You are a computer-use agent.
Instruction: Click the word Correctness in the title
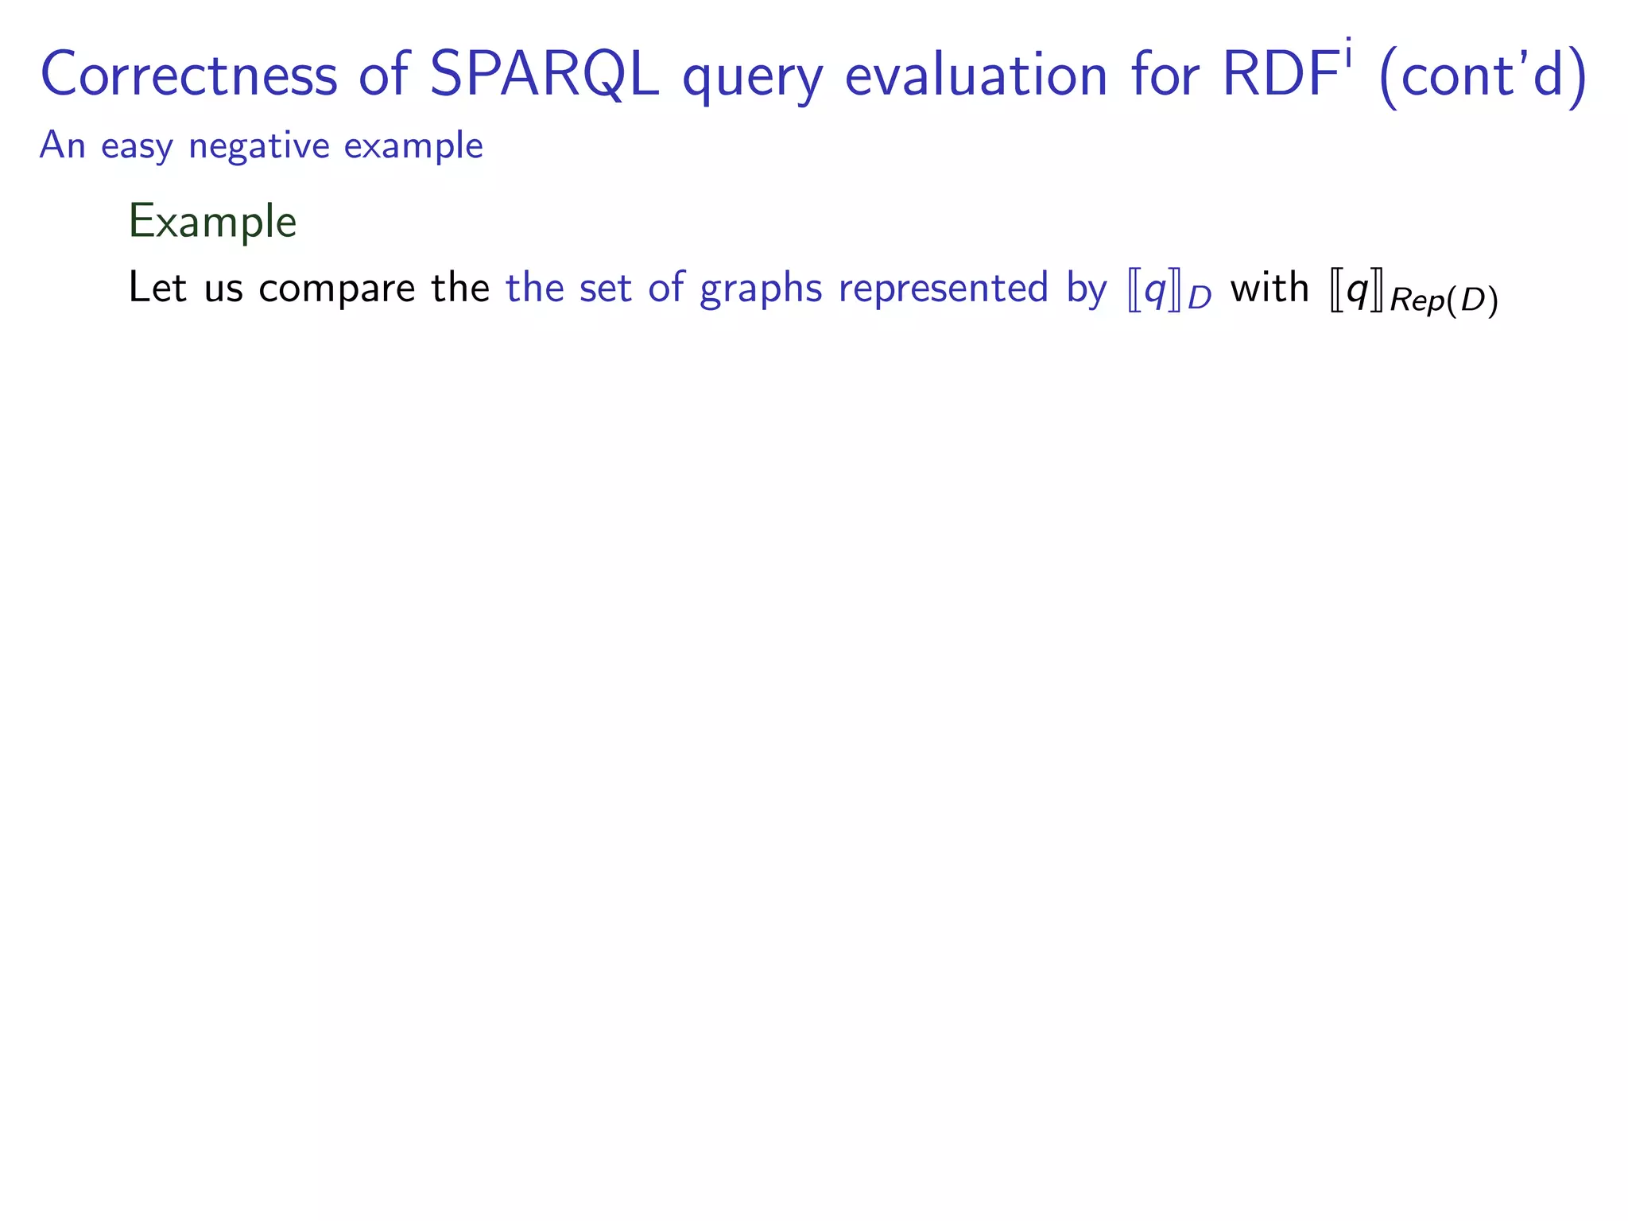[x=188, y=75]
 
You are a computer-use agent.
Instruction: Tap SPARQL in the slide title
[x=544, y=75]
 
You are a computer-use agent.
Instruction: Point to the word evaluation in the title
[x=976, y=75]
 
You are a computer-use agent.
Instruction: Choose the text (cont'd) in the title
[x=1483, y=76]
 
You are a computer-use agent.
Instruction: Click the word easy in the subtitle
[x=137, y=147]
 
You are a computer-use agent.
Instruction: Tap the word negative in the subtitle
[x=258, y=147]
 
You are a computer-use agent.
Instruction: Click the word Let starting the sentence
[x=157, y=287]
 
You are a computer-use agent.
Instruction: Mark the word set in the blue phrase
[x=605, y=287]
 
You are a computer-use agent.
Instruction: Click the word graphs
[x=761, y=289]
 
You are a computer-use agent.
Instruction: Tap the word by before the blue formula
[x=1087, y=289]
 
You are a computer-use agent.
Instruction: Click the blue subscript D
[x=1199, y=298]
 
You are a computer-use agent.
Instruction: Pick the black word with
[x=1269, y=287]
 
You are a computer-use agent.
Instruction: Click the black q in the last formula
[x=1357, y=291]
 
